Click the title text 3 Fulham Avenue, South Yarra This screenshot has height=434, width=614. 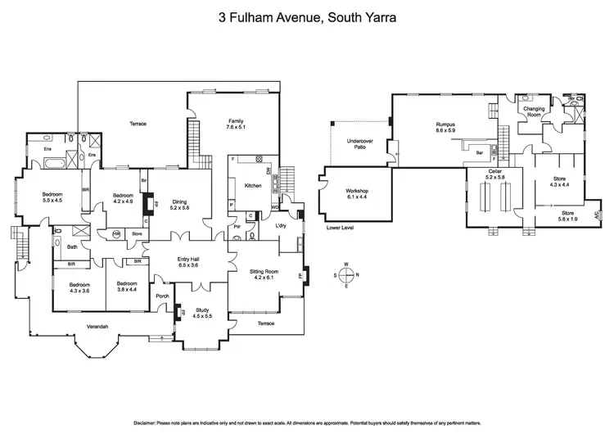pyautogui.click(x=307, y=16)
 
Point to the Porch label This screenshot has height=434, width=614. pyautogui.click(x=162, y=296)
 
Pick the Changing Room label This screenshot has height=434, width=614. pyautogui.click(x=534, y=112)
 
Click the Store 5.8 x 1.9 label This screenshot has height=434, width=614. pyautogui.click(x=562, y=219)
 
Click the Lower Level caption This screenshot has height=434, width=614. pyautogui.click(x=339, y=228)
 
